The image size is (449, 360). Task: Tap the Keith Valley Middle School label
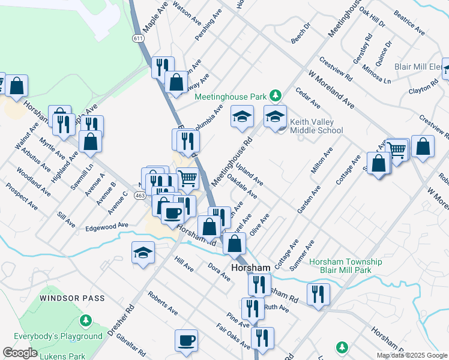(316, 126)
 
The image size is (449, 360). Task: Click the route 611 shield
(139, 38)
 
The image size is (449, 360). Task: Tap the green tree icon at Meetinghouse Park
(275, 95)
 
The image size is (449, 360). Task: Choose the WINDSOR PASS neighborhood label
(72, 298)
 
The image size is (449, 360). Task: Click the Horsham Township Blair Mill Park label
(346, 266)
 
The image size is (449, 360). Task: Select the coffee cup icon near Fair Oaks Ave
(186, 340)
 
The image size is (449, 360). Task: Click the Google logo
(19, 353)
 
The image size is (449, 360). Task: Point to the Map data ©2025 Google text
(411, 355)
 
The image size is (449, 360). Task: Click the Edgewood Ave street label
(107, 227)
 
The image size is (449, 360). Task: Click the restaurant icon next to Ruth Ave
(253, 308)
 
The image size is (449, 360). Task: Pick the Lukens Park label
(62, 356)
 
